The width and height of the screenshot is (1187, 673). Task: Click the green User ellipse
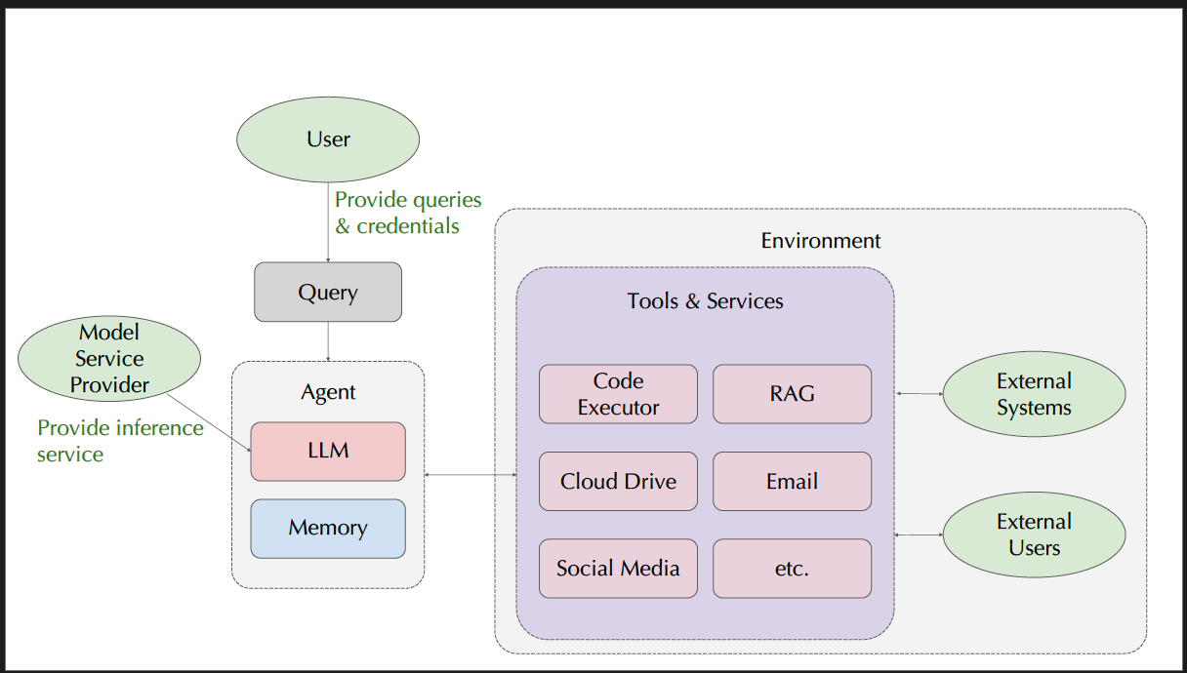(x=328, y=139)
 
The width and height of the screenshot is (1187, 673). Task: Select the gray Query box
(x=328, y=292)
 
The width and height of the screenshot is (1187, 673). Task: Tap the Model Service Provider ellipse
(x=109, y=358)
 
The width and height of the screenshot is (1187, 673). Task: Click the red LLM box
(x=328, y=451)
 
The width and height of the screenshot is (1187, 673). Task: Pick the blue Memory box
(x=328, y=528)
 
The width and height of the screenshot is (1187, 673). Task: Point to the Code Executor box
(x=618, y=394)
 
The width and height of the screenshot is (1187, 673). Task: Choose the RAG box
(x=792, y=394)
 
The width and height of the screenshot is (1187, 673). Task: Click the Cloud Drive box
(x=618, y=481)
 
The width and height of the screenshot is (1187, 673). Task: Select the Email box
(x=792, y=481)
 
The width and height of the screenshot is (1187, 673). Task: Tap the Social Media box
(x=618, y=568)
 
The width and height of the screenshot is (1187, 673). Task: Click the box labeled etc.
(x=792, y=568)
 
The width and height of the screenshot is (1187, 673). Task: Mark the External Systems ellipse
(x=1034, y=394)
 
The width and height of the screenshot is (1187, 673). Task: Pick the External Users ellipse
(x=1034, y=534)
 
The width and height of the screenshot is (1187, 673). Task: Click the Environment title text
(x=820, y=240)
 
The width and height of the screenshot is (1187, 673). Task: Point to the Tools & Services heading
(x=705, y=300)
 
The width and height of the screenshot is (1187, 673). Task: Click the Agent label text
(x=328, y=392)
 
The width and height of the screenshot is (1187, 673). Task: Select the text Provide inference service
(x=119, y=441)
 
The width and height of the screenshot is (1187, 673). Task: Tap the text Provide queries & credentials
(x=408, y=213)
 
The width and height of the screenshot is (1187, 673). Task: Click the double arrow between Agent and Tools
(x=471, y=475)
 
